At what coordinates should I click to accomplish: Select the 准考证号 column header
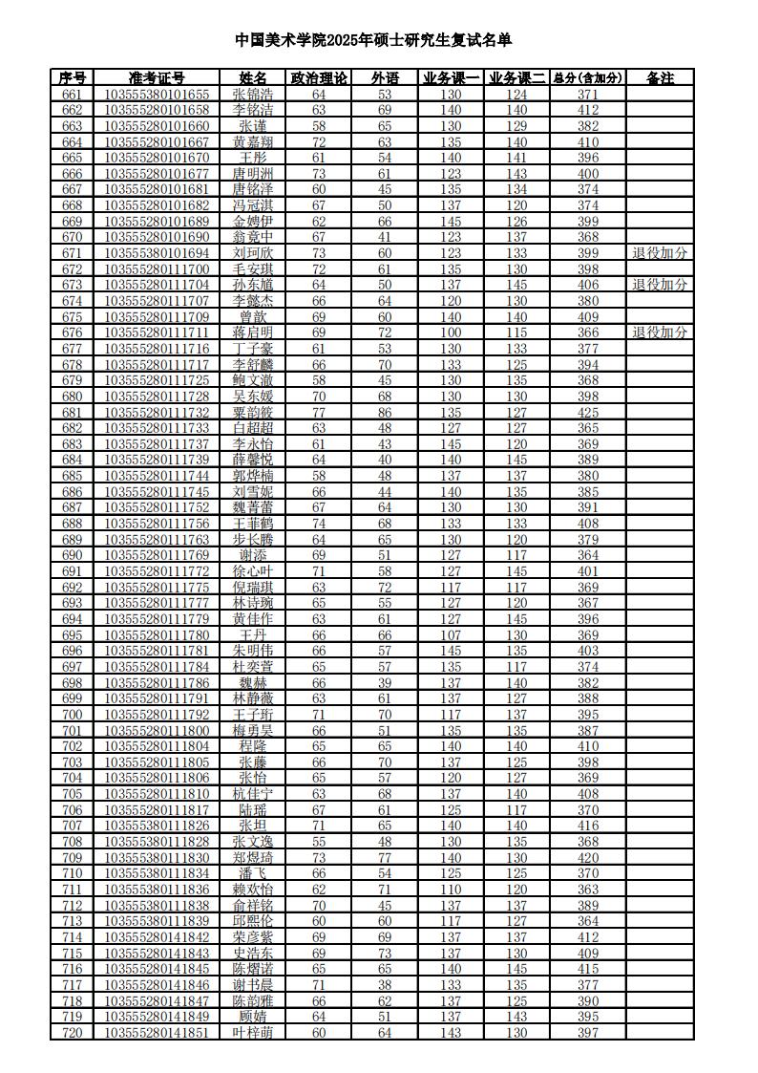point(157,78)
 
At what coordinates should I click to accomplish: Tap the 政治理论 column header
point(319,78)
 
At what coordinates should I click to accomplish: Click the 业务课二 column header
point(516,78)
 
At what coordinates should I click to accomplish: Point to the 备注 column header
point(660,78)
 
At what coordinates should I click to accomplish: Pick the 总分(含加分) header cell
point(588,78)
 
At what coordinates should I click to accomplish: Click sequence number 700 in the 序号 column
point(72,715)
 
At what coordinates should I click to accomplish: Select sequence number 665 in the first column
point(72,158)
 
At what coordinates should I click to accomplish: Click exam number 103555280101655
point(157,94)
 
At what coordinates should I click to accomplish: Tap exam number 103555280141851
point(157,1033)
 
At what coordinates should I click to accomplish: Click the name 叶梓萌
point(253,1033)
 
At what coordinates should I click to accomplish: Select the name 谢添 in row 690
point(253,555)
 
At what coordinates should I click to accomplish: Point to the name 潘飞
point(253,873)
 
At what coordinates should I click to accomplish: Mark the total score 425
point(588,412)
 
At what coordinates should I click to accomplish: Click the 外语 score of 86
point(385,412)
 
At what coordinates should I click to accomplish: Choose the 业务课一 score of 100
point(451,333)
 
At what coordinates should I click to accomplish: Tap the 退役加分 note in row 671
point(660,253)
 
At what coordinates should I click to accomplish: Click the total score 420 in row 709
point(588,858)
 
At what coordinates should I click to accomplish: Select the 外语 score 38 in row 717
point(385,985)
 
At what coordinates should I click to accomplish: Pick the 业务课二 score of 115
point(516,333)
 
